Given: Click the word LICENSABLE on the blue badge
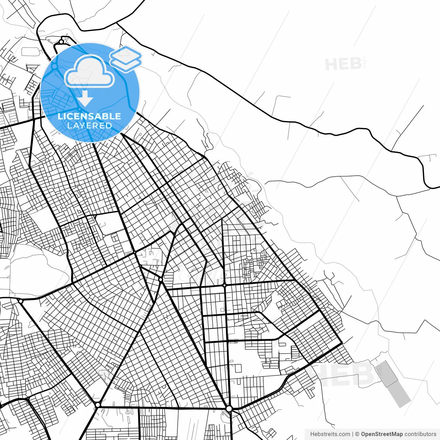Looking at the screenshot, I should point(89,116).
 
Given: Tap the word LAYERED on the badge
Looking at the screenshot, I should point(89,125).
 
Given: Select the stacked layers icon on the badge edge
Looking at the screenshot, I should point(125,59).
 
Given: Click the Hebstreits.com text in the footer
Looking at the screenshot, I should point(330,434).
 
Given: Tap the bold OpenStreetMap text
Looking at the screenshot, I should point(382,434).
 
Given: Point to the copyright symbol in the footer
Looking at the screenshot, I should point(357,434).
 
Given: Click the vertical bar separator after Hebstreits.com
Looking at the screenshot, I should point(353,434).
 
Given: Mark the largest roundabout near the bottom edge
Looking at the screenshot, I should point(229,409).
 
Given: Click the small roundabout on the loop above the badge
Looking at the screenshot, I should point(61,42).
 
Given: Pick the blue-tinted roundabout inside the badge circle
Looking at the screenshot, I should point(54,66).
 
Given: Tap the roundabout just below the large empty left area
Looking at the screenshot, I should point(21,301).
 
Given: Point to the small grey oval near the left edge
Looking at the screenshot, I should point(6,266).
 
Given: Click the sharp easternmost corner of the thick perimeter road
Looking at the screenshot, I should point(342,343).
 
